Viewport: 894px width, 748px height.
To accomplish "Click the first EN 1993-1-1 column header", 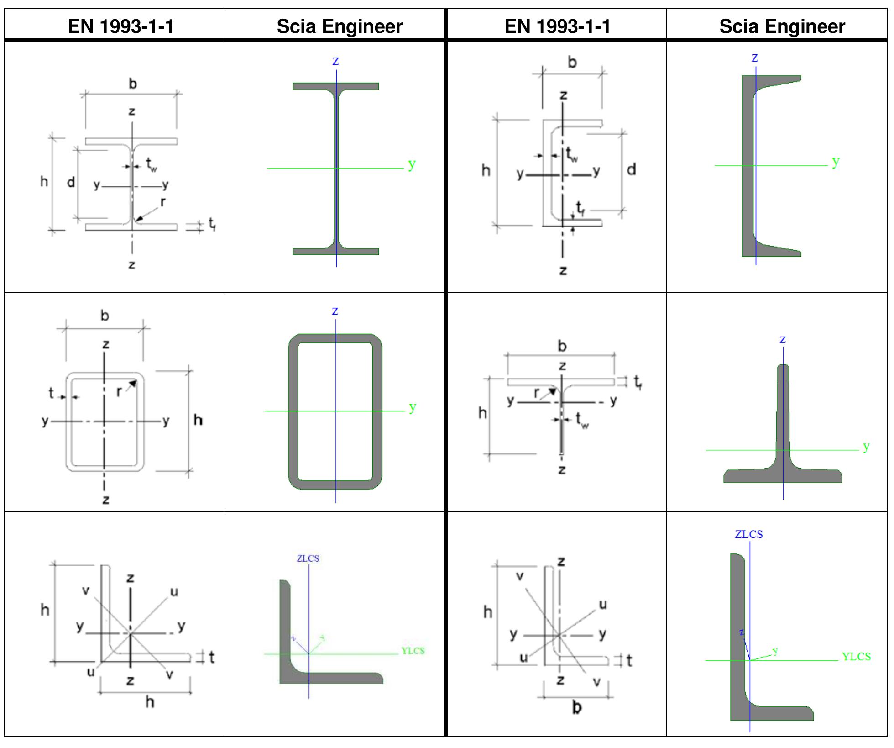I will (x=121, y=26).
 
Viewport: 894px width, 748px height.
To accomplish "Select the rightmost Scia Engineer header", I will (x=782, y=26).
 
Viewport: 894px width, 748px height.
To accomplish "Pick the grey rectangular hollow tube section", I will (x=293, y=411).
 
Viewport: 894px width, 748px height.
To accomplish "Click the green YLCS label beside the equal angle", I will (x=413, y=651).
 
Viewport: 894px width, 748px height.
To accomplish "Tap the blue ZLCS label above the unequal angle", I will (x=748, y=534).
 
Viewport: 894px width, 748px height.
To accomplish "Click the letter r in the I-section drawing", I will (x=163, y=201).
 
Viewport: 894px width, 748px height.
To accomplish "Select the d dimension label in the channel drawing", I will (x=631, y=170).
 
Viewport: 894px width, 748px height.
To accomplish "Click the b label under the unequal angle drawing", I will (x=577, y=707).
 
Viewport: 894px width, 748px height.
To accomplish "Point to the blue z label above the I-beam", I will (x=335, y=61).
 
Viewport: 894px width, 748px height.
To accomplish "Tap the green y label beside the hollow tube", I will (x=413, y=406).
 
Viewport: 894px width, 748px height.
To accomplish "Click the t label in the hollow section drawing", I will (x=51, y=393).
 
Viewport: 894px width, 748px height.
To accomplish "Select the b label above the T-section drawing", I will (x=562, y=346).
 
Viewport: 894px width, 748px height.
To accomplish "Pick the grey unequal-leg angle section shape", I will (x=737, y=639).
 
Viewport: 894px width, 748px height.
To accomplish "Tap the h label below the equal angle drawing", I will (x=150, y=702).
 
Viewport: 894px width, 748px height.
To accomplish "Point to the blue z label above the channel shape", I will (x=754, y=58).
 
